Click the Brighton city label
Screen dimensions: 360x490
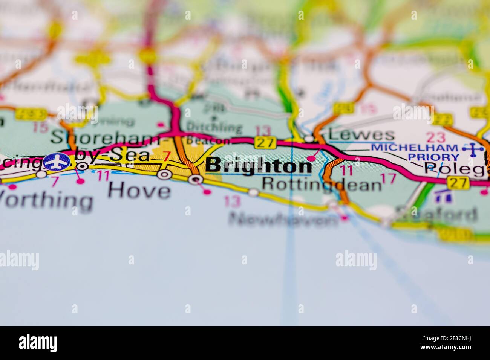point(259,166)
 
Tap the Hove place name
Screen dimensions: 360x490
point(139,191)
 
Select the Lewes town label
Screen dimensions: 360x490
point(361,135)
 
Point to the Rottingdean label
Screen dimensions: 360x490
point(322,184)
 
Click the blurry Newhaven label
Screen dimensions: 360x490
point(284,219)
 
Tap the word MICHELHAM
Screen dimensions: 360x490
point(414,147)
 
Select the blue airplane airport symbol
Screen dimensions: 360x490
point(57,162)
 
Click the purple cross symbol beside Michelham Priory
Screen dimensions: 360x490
point(473,150)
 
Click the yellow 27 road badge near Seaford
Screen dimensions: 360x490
point(458,183)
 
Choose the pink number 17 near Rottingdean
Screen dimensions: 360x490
point(388,178)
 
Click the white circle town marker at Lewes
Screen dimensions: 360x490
point(309,139)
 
